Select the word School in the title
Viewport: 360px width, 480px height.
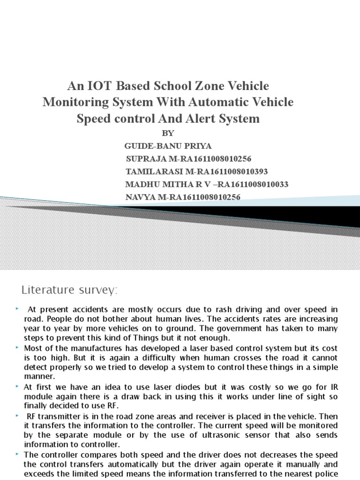161,86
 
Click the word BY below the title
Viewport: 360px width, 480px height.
167,133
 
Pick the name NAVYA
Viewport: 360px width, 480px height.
141,197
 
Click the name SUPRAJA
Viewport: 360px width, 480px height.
145,159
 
